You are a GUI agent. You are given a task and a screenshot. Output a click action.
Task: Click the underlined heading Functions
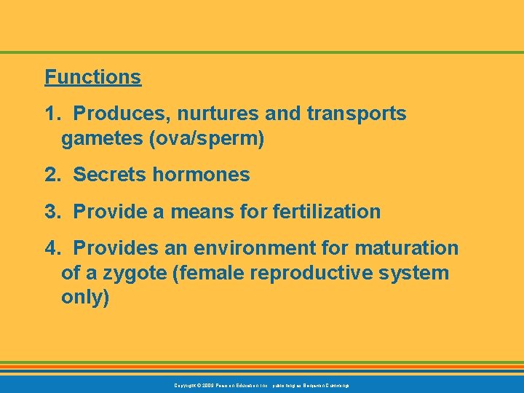pos(92,77)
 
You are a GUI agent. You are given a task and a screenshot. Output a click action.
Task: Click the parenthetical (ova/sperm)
pos(207,138)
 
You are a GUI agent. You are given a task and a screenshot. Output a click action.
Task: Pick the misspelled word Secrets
pos(106,175)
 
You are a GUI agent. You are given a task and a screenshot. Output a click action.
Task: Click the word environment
pos(237,249)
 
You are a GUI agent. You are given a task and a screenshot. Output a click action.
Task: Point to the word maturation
pos(407,249)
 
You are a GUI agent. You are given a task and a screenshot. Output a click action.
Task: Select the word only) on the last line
pos(85,298)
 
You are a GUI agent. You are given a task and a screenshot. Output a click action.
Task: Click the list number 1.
pos(52,114)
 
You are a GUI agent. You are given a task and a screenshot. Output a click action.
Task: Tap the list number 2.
pos(52,175)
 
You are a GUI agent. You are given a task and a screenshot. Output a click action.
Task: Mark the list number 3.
pos(52,212)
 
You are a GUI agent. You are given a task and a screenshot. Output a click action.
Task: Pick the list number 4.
pos(52,249)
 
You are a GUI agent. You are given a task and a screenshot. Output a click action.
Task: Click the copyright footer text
pos(261,384)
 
